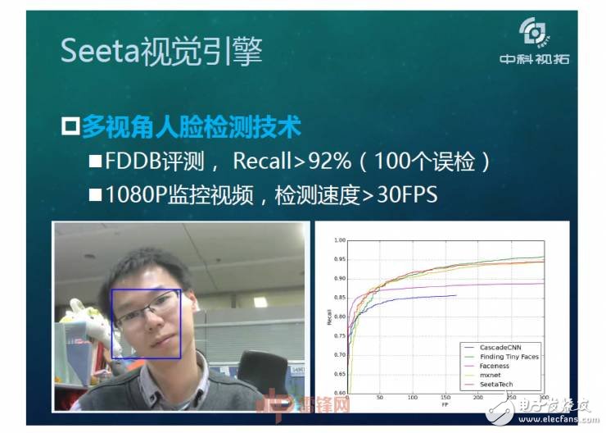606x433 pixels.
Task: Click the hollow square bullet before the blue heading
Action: tap(70, 127)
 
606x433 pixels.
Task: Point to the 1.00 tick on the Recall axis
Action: tap(339, 241)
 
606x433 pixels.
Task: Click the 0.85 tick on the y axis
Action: tap(339, 298)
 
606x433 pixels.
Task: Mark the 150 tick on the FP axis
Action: tap(446, 398)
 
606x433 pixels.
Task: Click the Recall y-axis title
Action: tap(329, 317)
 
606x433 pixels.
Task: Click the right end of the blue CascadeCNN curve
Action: tap(455, 295)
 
